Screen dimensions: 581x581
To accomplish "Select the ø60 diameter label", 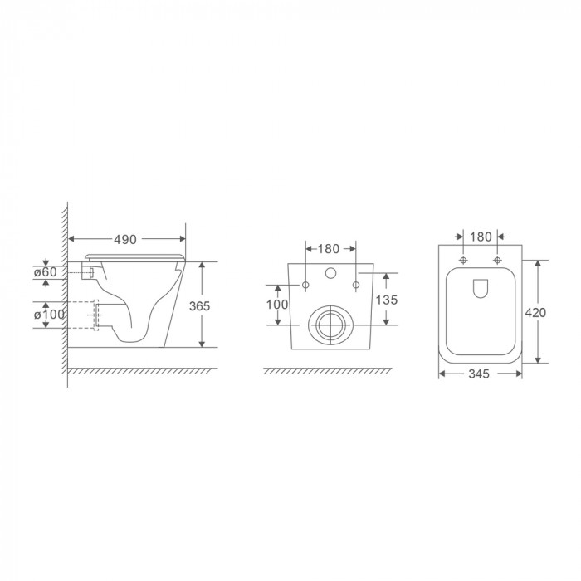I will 45,272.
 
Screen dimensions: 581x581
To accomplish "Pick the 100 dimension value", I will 277,305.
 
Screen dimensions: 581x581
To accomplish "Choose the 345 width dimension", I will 480,374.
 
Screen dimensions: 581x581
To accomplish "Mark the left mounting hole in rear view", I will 305,286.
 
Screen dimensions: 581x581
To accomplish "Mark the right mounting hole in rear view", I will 356,286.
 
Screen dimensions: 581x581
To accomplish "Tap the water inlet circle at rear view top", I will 330,273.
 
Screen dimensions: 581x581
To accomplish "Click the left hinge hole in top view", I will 462,261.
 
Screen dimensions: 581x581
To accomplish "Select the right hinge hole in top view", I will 498,261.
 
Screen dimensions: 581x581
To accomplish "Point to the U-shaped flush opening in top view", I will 481,288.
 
